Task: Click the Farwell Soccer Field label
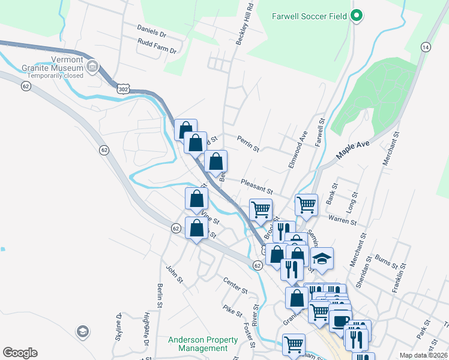point(309,16)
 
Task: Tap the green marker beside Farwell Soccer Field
point(357,16)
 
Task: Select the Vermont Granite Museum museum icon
point(92,67)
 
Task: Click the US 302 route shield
point(122,89)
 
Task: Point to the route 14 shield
point(426,47)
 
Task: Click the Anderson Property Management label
point(197,344)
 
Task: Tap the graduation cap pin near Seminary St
point(322,259)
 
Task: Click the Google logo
point(20,353)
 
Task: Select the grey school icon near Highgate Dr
point(83,331)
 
